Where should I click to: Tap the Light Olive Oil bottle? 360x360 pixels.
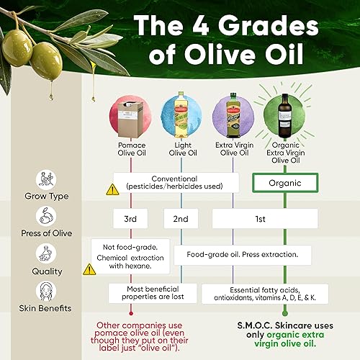pos(181,115)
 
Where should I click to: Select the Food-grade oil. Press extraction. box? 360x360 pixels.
pos(243,254)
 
